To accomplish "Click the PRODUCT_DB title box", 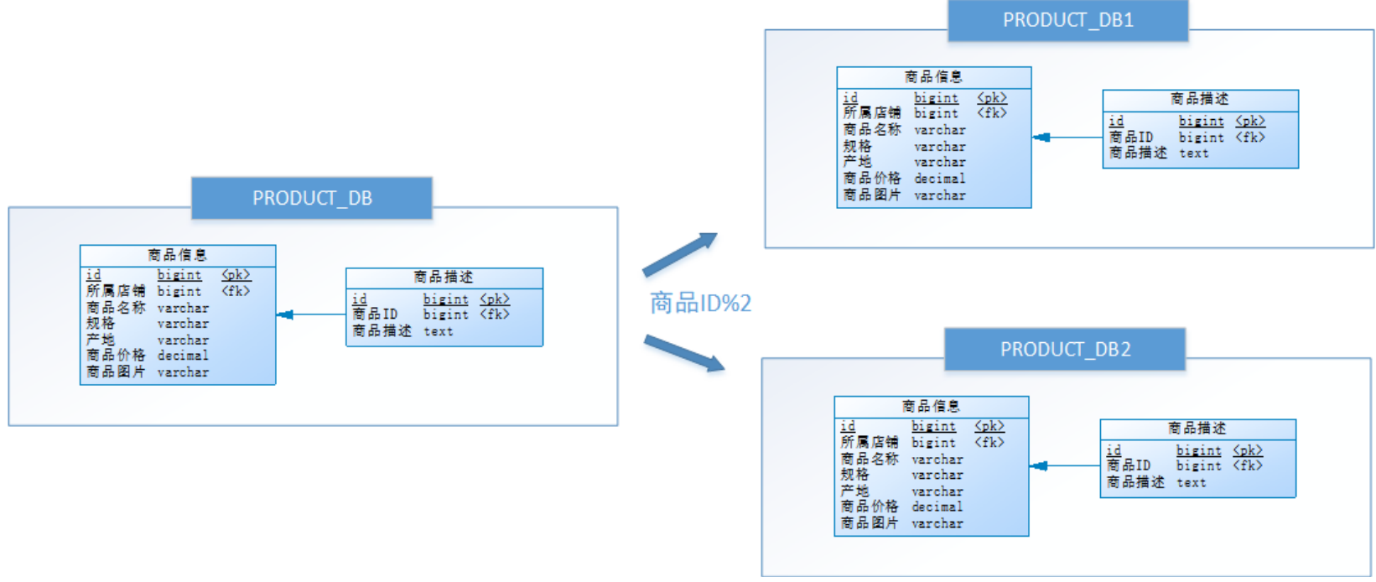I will click(312, 199).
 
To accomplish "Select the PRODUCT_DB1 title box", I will click(1067, 20).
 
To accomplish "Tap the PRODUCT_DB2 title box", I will click(1065, 350).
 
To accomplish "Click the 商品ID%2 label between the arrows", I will click(700, 303).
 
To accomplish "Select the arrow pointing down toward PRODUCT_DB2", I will click(683, 352).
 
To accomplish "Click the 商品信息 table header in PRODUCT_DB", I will click(177, 255).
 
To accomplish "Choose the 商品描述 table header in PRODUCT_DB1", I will click(1200, 99).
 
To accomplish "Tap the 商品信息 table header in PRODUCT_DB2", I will click(931, 407).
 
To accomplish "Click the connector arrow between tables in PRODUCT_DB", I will click(310, 315).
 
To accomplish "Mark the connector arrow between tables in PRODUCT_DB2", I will click(1064, 466).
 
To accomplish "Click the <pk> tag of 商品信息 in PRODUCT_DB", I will click(236, 275).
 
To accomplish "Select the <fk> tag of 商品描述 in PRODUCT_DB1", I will click(1249, 138).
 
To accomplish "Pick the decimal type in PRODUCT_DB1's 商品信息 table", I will click(939, 179).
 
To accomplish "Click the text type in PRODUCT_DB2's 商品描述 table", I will click(1191, 483).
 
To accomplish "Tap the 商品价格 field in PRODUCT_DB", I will click(116, 356).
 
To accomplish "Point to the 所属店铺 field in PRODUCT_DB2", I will click(870, 442).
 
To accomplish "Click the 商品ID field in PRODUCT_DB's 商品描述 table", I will click(375, 314).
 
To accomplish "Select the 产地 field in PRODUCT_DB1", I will click(857, 162).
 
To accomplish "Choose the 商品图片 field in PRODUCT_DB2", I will click(870, 523).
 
